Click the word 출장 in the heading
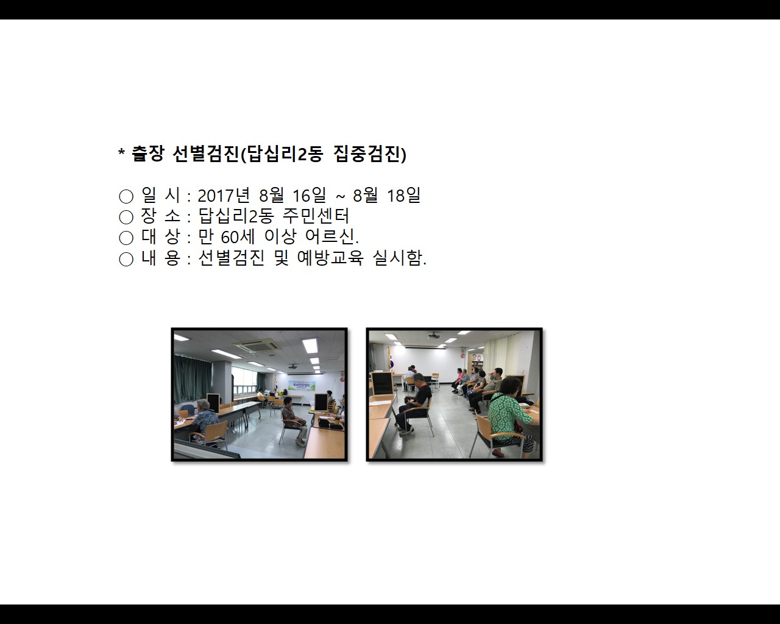(147, 154)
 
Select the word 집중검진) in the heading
(370, 154)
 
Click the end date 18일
(404, 196)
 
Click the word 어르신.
(331, 237)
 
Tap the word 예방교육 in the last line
(330, 258)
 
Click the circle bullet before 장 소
(126, 217)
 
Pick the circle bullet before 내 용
(126, 259)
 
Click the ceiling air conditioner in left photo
(255, 347)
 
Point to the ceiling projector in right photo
(434, 336)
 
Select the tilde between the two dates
(340, 196)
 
